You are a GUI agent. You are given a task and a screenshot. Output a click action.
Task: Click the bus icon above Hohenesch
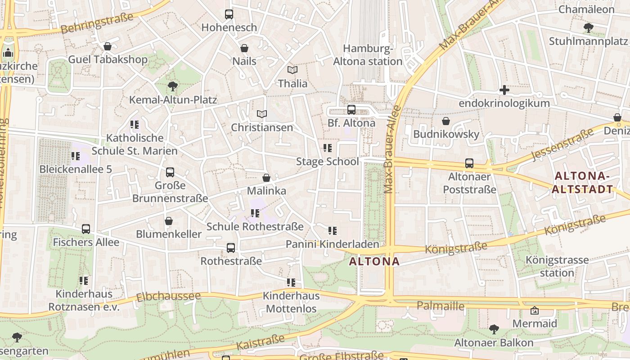click(229, 14)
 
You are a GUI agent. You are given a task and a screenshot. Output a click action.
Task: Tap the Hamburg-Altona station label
click(368, 55)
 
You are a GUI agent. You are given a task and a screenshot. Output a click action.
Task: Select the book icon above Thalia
click(292, 70)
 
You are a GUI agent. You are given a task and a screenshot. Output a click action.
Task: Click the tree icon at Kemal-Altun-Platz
click(172, 86)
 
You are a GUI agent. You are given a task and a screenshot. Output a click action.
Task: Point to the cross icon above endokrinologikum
click(504, 90)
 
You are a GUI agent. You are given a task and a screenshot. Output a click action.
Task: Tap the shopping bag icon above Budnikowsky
click(446, 121)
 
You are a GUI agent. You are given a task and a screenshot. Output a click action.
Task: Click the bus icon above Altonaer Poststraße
click(469, 163)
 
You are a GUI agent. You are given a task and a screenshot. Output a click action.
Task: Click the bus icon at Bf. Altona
click(351, 110)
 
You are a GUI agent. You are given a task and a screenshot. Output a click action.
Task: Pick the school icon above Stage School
click(328, 148)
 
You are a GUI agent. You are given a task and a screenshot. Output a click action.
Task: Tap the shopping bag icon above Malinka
click(266, 178)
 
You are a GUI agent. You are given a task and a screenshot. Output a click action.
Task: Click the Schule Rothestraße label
click(255, 226)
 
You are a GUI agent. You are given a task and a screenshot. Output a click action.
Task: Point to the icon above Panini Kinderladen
click(333, 231)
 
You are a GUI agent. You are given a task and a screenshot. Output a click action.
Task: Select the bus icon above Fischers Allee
click(86, 229)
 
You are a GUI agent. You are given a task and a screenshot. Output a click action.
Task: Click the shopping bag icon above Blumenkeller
click(169, 221)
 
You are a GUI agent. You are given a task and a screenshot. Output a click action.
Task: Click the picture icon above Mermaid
click(535, 310)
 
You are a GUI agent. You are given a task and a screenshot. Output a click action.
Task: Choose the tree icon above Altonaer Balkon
click(494, 329)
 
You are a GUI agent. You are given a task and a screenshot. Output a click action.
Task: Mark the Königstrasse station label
click(557, 266)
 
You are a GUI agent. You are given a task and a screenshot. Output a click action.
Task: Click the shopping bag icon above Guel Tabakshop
click(108, 46)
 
